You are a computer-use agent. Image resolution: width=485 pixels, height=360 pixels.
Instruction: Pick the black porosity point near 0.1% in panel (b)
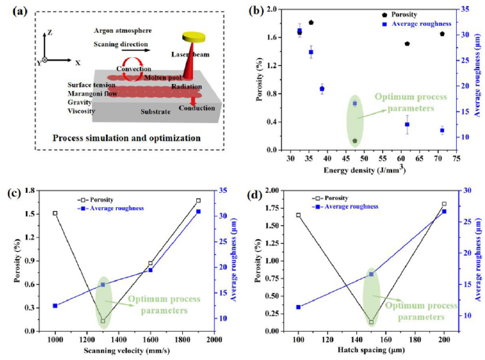tap(355, 141)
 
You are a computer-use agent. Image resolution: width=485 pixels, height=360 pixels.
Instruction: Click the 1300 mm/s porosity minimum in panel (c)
tap(103, 321)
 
